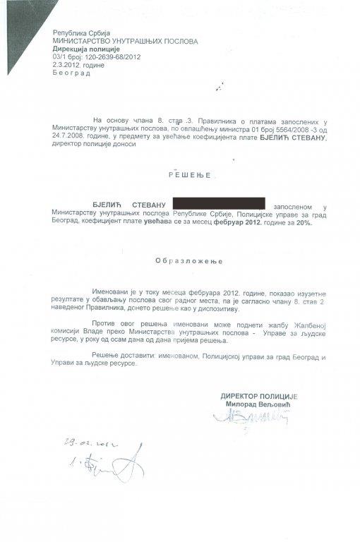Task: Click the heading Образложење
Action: pos(188,260)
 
